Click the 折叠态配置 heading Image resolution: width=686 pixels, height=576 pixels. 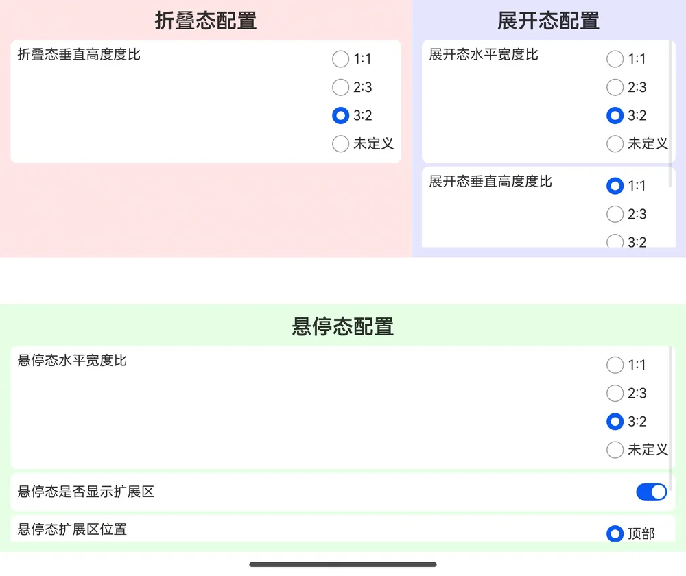click(x=206, y=21)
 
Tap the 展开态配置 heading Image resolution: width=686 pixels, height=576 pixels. click(x=548, y=21)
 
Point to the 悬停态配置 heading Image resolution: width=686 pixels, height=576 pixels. click(x=342, y=326)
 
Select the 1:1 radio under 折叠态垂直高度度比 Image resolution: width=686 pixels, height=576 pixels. click(x=340, y=58)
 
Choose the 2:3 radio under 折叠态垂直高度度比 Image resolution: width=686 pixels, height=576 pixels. click(x=340, y=87)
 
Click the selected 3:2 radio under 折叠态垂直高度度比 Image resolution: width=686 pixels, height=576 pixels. click(x=340, y=115)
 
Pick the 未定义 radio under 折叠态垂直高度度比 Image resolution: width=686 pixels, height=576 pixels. click(x=340, y=143)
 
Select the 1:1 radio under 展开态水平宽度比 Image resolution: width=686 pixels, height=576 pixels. click(x=615, y=58)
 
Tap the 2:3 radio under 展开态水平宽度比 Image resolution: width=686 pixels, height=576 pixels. click(x=615, y=87)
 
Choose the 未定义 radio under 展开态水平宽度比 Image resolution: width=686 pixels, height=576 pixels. click(x=615, y=143)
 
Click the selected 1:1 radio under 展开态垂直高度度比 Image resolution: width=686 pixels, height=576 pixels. click(x=615, y=186)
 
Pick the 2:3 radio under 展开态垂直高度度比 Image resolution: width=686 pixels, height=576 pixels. click(x=615, y=214)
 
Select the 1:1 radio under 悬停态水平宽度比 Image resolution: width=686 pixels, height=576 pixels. click(x=615, y=365)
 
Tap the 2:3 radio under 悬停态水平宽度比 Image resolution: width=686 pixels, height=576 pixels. click(x=615, y=393)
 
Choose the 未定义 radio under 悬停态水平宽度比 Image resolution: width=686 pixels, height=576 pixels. click(x=615, y=450)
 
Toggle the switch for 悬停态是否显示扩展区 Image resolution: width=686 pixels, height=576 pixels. click(x=652, y=492)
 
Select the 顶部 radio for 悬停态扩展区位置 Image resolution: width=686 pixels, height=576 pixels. click(x=615, y=533)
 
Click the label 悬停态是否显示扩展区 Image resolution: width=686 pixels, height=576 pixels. click(x=86, y=492)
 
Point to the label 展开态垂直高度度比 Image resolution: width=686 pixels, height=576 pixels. click(x=490, y=181)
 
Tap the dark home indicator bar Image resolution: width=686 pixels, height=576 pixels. click(x=342, y=564)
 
